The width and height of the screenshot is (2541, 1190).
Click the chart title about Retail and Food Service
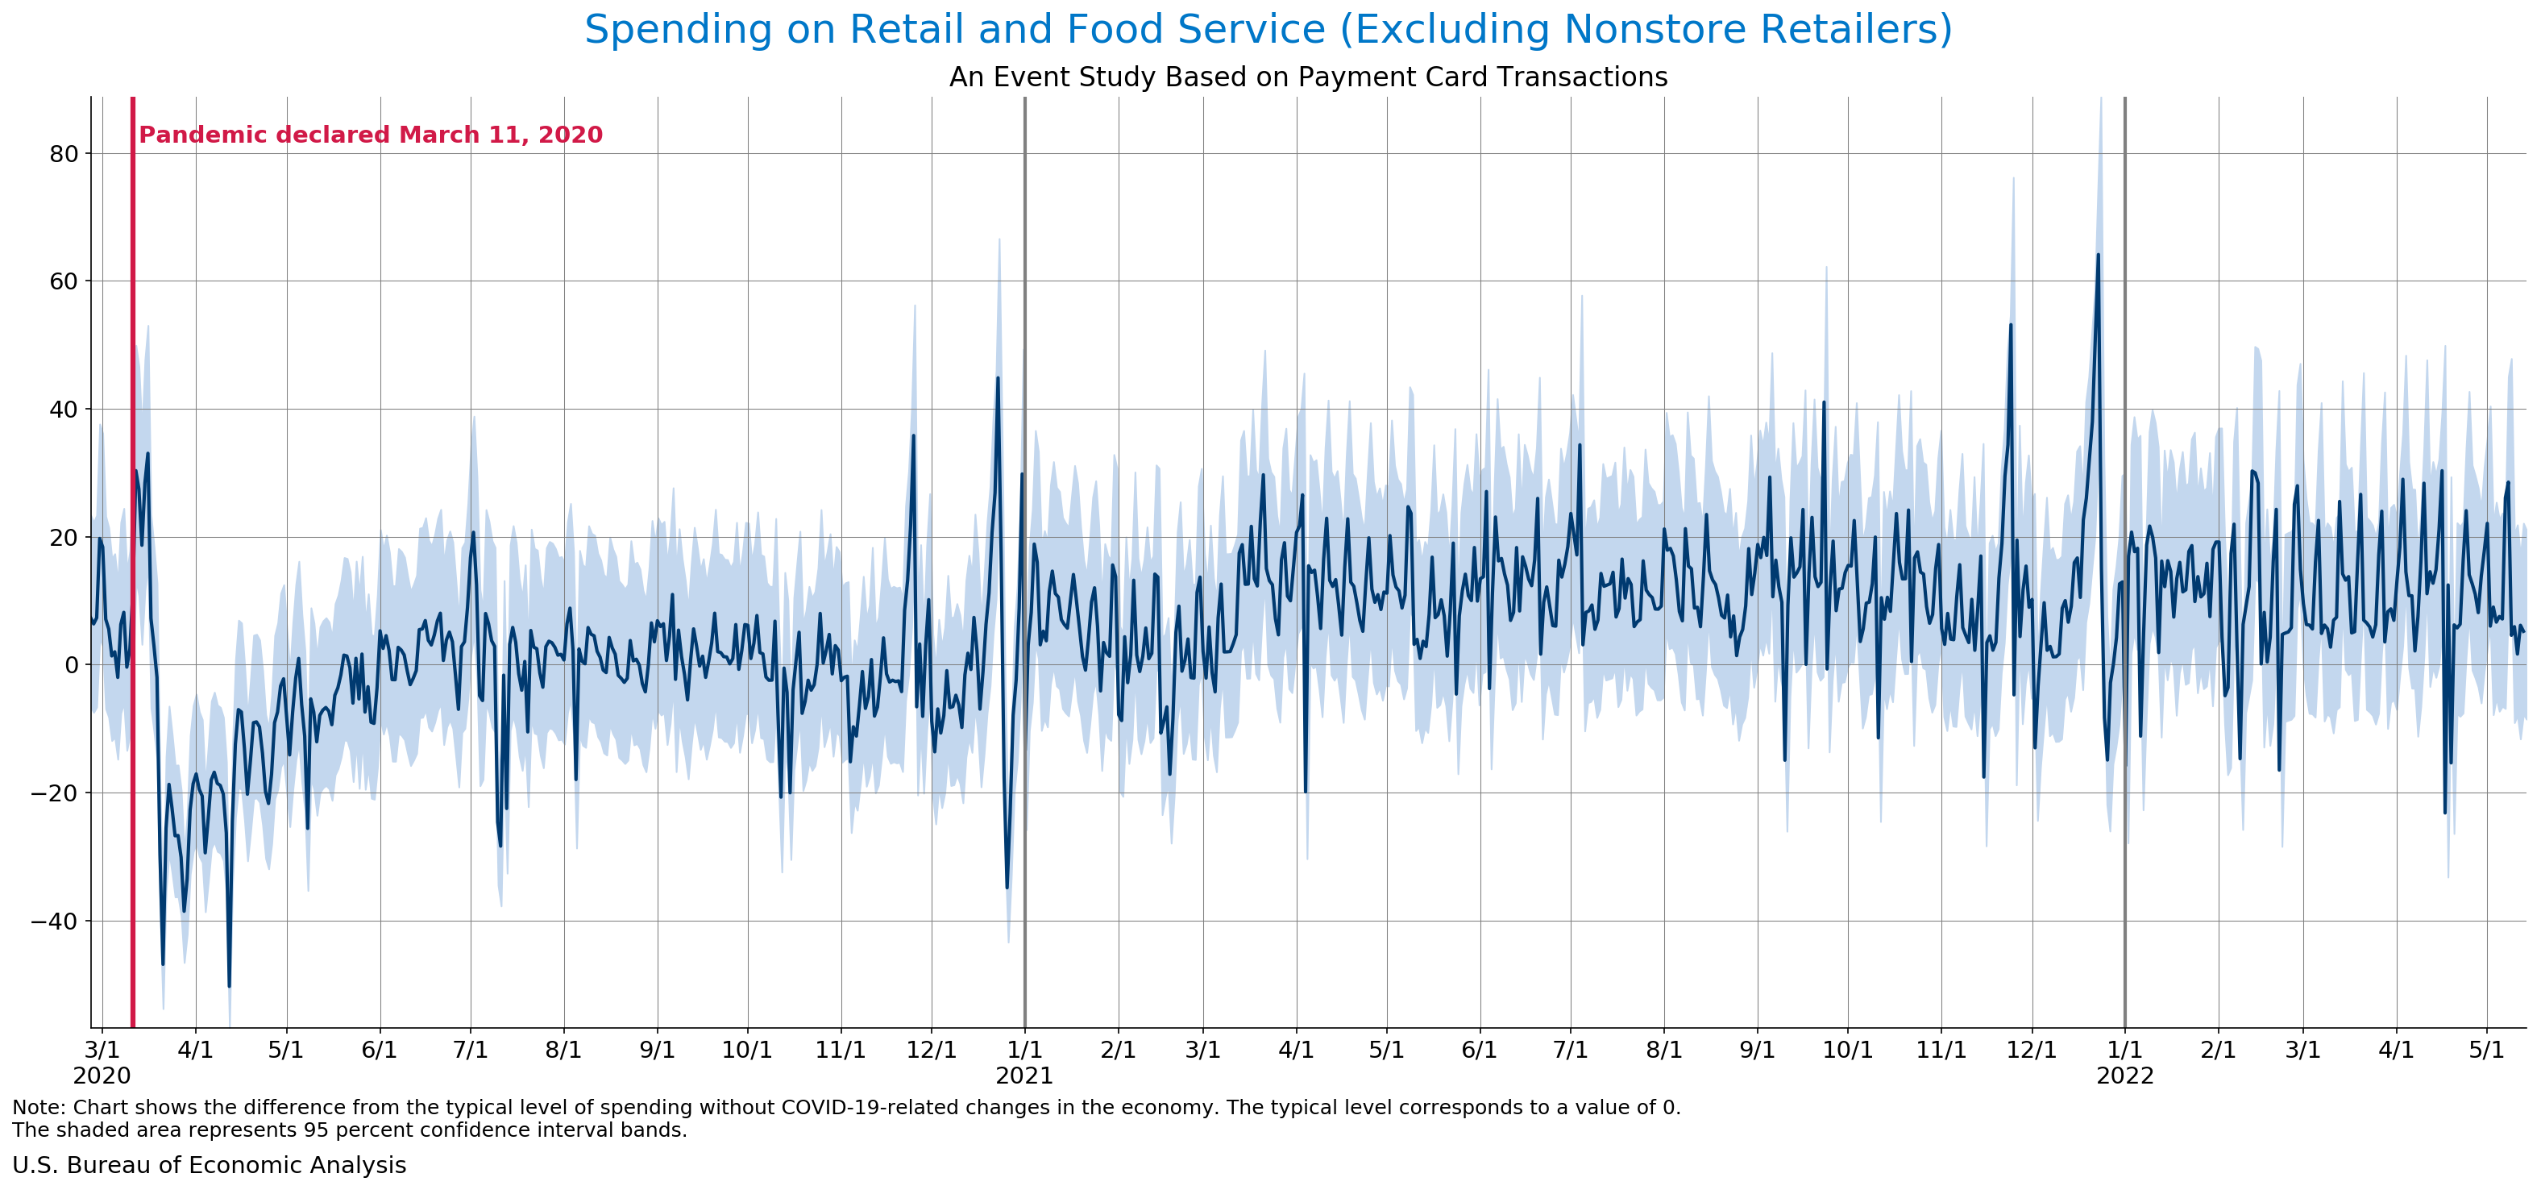click(x=1268, y=30)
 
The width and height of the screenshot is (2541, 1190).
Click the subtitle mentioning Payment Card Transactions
click(x=1308, y=77)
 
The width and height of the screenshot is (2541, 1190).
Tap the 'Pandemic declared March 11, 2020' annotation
click(x=370, y=135)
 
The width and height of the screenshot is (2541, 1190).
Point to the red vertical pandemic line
click(x=133, y=592)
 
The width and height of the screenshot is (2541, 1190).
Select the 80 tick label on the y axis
click(x=64, y=154)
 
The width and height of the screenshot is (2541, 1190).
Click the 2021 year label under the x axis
click(x=1024, y=1076)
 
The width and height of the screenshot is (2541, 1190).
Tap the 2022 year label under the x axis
click(x=2124, y=1076)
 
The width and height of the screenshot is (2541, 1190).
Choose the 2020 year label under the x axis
click(x=102, y=1076)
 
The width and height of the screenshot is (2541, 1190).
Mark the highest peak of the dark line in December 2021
click(x=2098, y=255)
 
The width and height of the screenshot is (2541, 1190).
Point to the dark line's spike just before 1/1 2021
click(x=997, y=378)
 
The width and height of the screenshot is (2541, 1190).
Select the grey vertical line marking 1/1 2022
click(x=2124, y=592)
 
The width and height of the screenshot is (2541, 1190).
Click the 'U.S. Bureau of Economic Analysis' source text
click(x=209, y=1165)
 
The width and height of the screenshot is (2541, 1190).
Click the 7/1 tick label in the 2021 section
click(x=1571, y=1050)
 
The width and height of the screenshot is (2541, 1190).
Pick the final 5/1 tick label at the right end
click(x=2485, y=1050)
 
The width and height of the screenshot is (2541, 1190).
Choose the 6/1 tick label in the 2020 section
click(x=379, y=1050)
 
